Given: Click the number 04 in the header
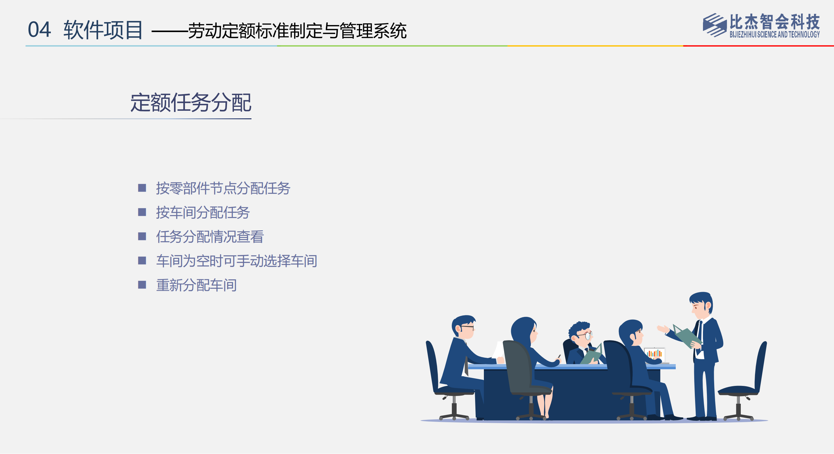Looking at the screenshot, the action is (39, 29).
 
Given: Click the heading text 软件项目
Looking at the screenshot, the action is (103, 30).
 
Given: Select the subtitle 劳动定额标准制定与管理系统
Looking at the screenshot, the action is (297, 31).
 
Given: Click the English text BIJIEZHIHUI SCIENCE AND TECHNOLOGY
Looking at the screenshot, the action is (774, 34).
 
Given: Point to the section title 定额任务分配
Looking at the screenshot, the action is (191, 103).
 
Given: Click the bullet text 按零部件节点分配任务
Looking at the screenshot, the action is (223, 188).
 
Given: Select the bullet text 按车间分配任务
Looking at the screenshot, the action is (203, 212).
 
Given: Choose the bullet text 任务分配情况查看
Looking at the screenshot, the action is (210, 236).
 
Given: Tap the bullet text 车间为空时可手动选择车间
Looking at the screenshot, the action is (237, 261).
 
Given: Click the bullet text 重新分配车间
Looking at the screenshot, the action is (196, 285).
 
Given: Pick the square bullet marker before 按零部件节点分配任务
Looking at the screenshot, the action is (142, 188).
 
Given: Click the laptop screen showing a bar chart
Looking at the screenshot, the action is (655, 354).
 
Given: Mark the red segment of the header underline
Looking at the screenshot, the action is (758, 46).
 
